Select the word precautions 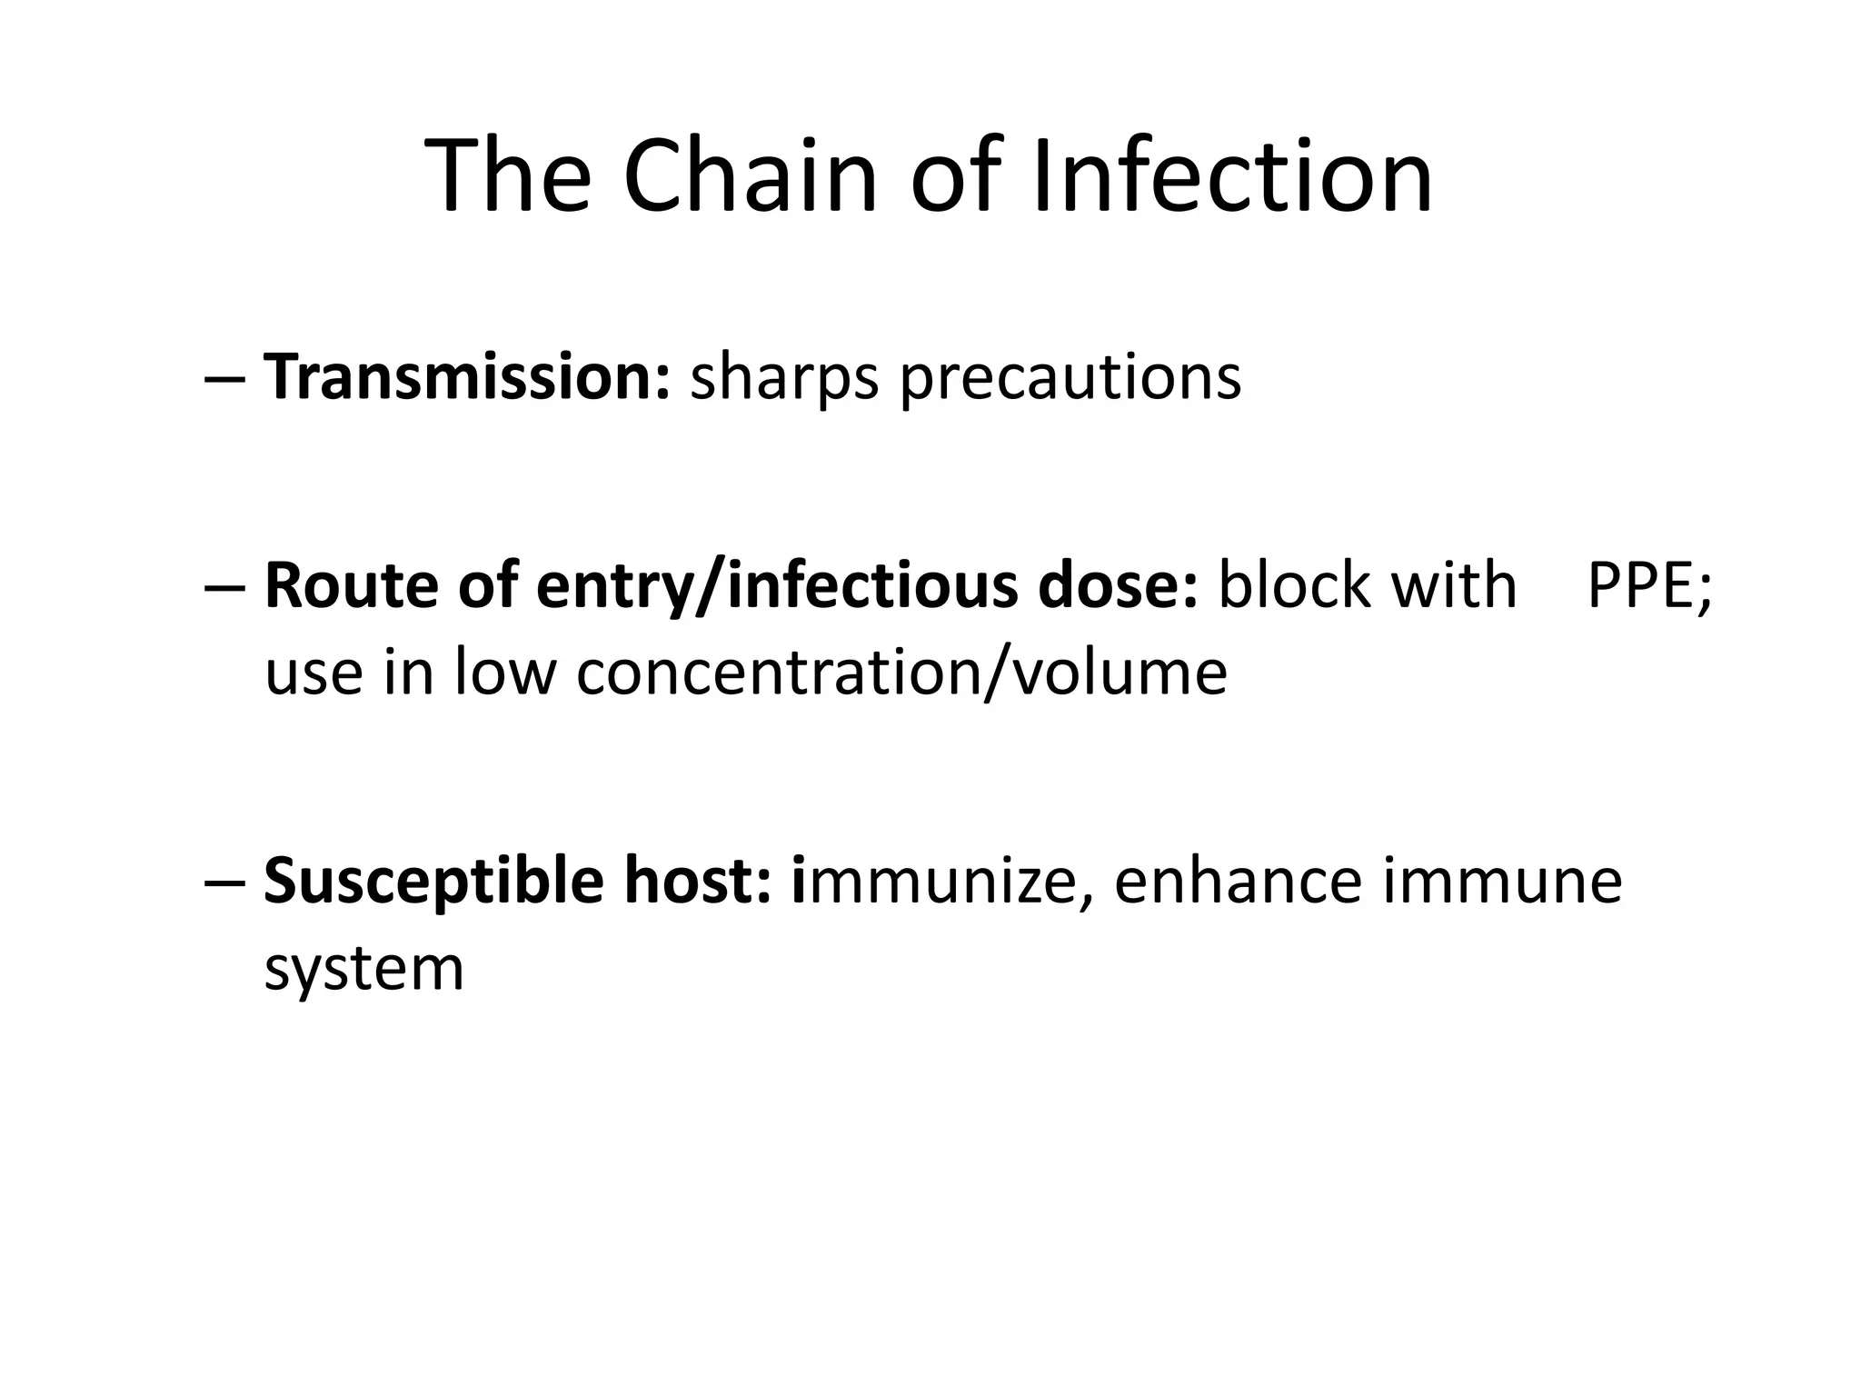coord(1070,378)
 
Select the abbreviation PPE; coord(1648,587)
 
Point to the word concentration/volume coord(901,673)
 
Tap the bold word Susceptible coord(433,882)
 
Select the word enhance coord(1238,881)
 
